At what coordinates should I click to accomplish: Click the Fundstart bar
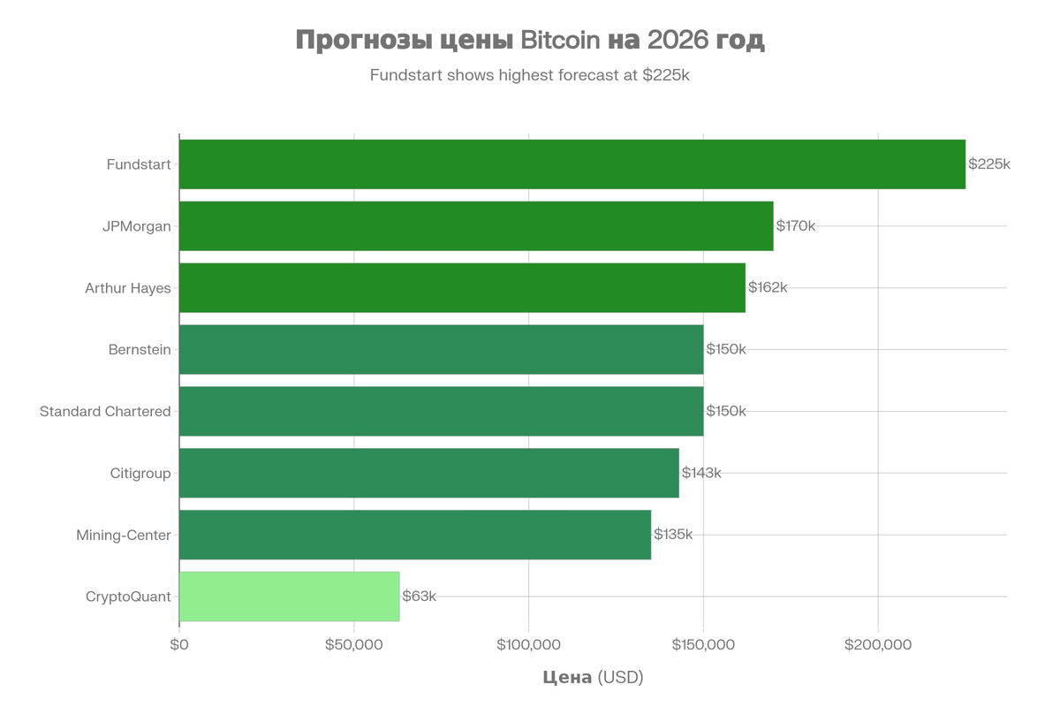coord(572,164)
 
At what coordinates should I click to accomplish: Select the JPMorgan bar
coord(476,226)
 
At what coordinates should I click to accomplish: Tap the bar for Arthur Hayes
coord(462,288)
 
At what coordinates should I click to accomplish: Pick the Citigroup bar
coord(429,473)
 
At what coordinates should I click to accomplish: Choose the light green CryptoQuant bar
coord(290,597)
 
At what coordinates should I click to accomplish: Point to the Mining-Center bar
coord(415,535)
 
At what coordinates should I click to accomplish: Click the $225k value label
coord(988,164)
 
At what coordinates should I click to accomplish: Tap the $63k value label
coord(419,597)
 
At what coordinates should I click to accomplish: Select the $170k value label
coord(795,226)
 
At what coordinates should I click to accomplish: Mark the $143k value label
coord(701,473)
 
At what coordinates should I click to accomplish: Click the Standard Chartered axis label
coord(105,412)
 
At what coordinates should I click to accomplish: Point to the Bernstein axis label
coord(140,350)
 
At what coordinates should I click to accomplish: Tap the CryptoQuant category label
coord(128,597)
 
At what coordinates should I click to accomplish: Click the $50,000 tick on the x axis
coord(353,645)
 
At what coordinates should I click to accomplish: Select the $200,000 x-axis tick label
coord(878,645)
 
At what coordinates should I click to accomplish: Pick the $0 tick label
coord(179,645)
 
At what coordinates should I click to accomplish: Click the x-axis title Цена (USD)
coord(593,678)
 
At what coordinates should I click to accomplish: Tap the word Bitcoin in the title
coord(560,41)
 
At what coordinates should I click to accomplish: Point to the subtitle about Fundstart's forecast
coord(529,75)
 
